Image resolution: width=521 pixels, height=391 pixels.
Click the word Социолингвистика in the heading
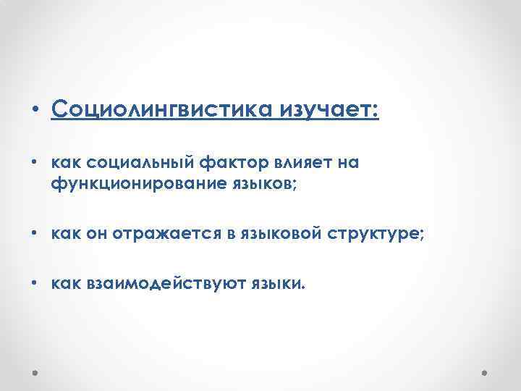tap(149, 110)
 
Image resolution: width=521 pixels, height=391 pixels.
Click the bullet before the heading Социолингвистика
tap(35, 111)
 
